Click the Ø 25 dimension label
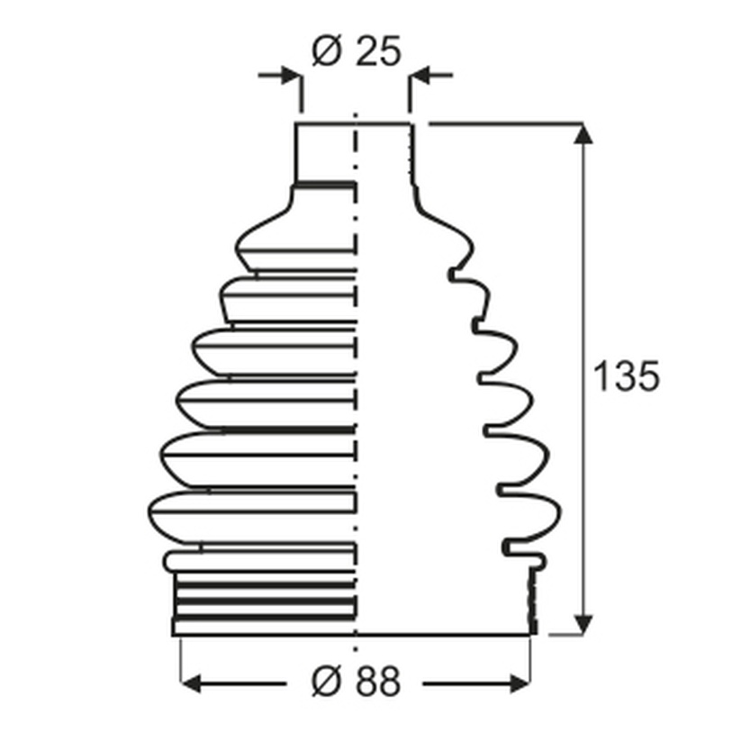click(357, 50)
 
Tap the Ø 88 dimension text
click(357, 681)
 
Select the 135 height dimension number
click(625, 376)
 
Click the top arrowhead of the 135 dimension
click(583, 133)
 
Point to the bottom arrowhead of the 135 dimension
click(583, 624)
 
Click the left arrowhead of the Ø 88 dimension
click(191, 683)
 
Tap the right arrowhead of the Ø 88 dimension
click(520, 683)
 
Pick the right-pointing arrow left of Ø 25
click(279, 75)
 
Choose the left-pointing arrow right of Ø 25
click(431, 75)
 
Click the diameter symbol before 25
click(326, 51)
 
